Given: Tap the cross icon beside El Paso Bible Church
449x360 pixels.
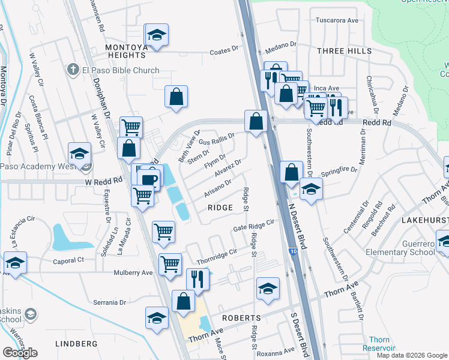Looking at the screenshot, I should click(73, 70).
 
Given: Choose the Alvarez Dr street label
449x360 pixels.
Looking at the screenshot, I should click(227, 169).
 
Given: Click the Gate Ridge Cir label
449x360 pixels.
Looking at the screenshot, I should click(253, 226).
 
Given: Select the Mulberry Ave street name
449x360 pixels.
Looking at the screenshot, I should click(133, 272).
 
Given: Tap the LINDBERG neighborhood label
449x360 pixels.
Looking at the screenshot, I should click(76, 344).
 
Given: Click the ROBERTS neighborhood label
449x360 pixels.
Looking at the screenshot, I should click(241, 317).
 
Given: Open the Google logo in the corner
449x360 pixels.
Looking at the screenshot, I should click(20, 353).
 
